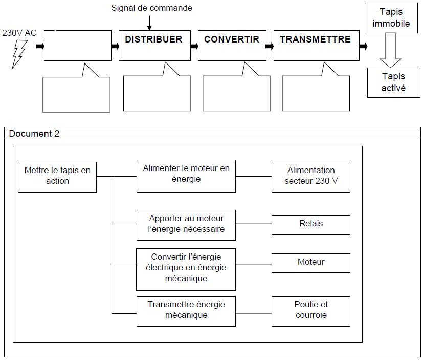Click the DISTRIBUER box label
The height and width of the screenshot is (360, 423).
coord(153,39)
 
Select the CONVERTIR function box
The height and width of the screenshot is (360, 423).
coord(232,46)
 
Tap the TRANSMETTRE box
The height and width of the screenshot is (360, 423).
coord(317,46)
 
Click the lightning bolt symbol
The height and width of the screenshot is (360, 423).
coord(19,54)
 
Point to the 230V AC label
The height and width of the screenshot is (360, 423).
coord(19,33)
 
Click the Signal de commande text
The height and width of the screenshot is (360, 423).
coord(151,8)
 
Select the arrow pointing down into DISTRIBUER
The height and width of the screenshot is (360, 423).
coord(149,23)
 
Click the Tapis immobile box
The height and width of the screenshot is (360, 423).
coord(391,18)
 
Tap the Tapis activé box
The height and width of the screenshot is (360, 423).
coord(394,82)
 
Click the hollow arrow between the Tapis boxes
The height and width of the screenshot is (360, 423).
coord(390,50)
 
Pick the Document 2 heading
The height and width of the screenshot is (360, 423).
coord(34,134)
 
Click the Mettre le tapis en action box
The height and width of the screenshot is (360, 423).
coord(57,177)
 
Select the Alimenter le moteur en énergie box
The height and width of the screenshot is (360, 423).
coord(186,176)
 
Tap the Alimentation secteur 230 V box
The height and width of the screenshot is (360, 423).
coord(311,177)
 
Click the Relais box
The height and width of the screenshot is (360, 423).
coord(311,225)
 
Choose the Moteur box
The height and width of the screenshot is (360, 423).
coord(311,263)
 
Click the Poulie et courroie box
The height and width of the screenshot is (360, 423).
coord(311,311)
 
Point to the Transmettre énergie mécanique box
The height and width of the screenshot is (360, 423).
coord(186,311)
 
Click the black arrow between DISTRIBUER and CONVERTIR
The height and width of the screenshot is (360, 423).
coord(194,46)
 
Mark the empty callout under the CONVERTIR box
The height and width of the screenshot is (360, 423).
coord(236,93)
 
